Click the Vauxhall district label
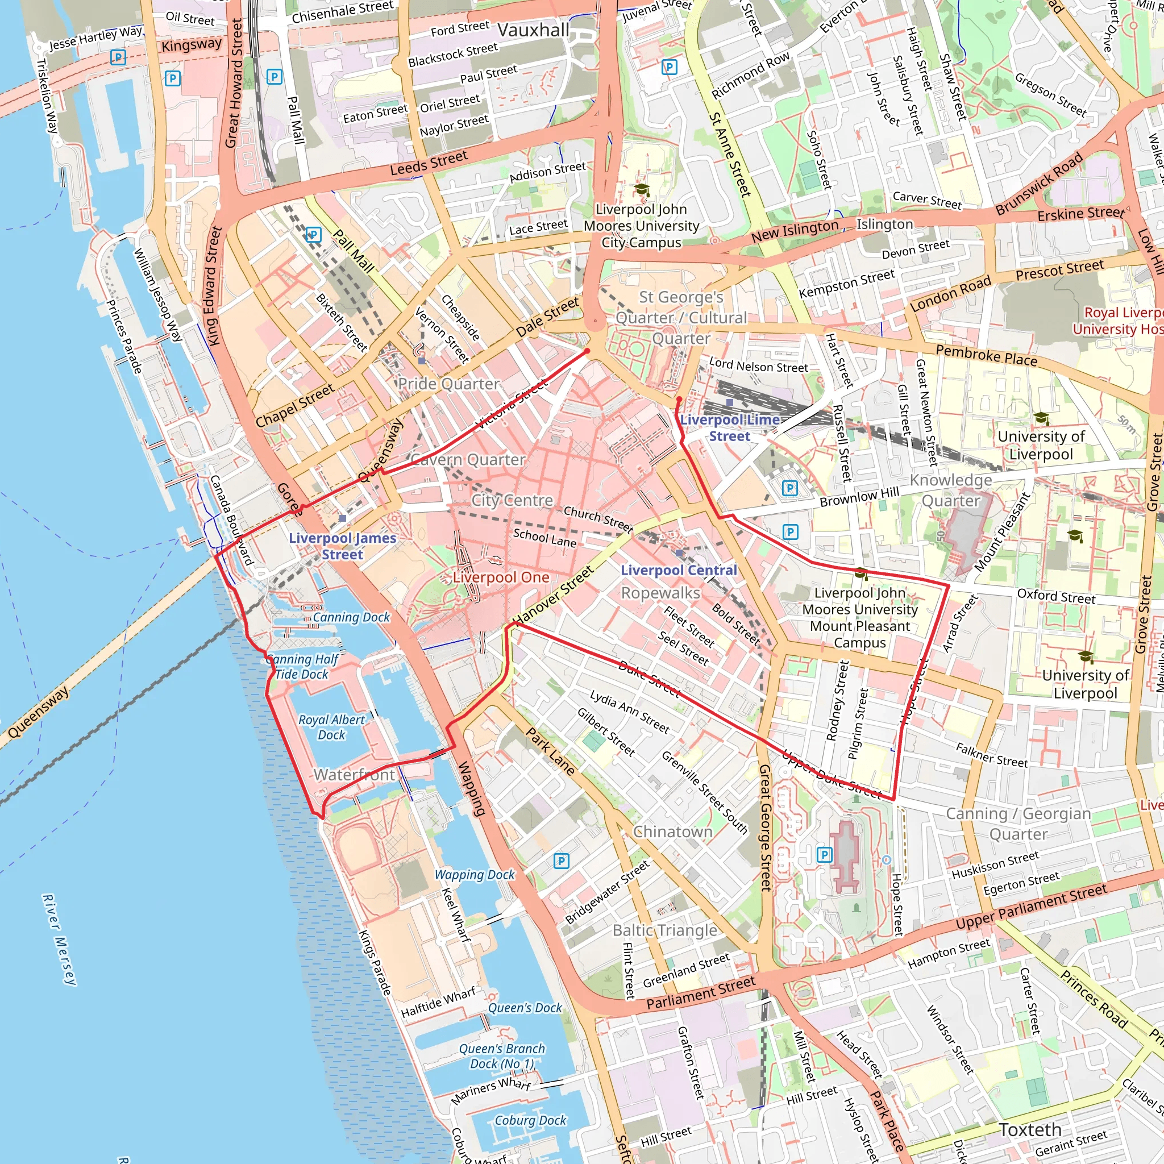coord(533,30)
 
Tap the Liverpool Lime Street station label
coord(730,428)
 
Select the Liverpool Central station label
coord(679,570)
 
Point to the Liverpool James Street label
coord(342,546)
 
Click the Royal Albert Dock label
coord(331,727)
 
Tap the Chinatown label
coord(672,832)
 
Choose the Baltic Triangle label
coord(664,931)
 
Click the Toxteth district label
coord(1030,1130)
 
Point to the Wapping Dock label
coord(475,875)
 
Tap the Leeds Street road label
coord(429,163)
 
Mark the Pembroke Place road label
coord(986,355)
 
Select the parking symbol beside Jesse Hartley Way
coord(118,57)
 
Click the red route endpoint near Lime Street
coord(679,400)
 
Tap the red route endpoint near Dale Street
coord(588,351)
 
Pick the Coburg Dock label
coord(530,1120)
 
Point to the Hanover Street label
coord(552,596)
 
